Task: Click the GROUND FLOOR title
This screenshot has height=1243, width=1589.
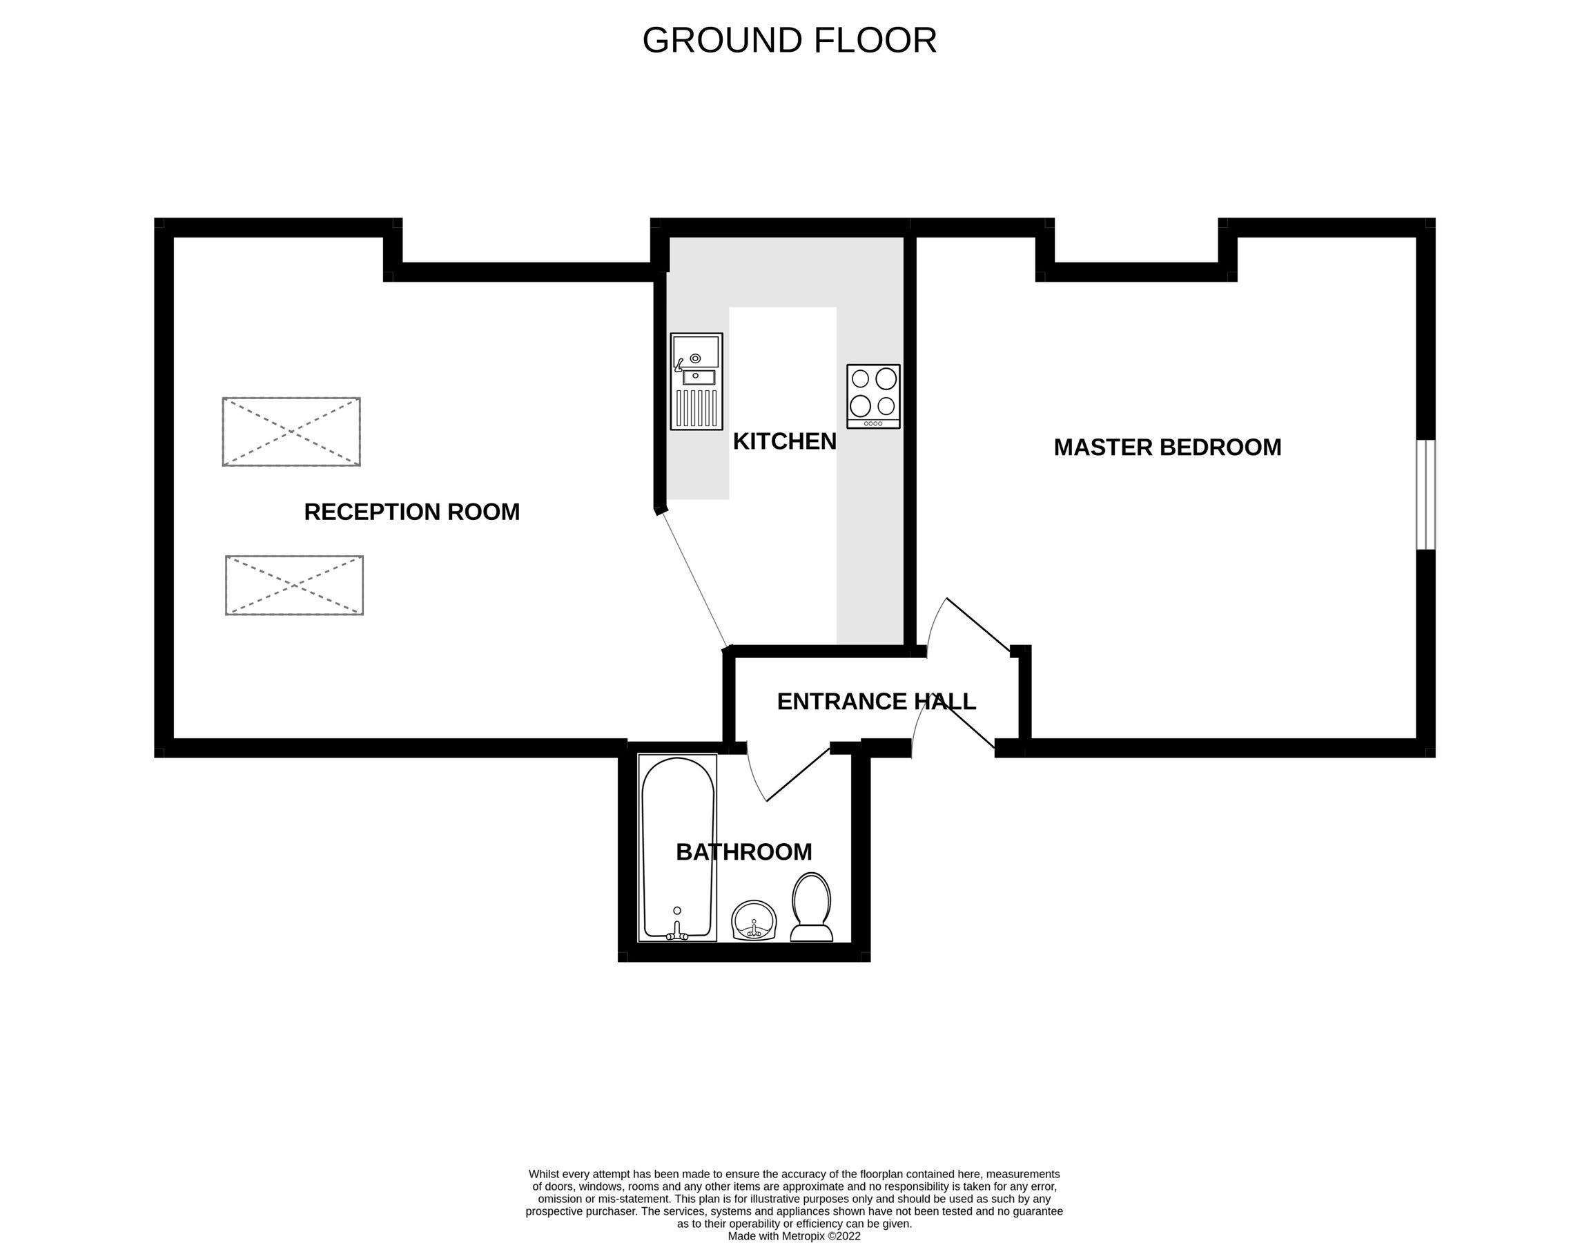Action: click(x=789, y=41)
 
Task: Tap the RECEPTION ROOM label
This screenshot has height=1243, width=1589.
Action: click(x=412, y=512)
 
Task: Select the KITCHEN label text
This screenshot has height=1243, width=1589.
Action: click(x=784, y=442)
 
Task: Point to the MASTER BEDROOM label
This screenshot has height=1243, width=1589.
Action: click(x=1167, y=447)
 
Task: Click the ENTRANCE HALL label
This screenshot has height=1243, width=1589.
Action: click(x=876, y=702)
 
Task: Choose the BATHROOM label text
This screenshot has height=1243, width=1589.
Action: click(x=743, y=852)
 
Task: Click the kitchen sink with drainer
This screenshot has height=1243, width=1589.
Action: click(x=696, y=381)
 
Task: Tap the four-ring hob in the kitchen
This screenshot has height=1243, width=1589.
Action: click(x=873, y=396)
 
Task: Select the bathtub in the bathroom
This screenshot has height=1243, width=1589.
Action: click(x=677, y=848)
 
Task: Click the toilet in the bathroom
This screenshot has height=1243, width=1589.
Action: click(x=811, y=907)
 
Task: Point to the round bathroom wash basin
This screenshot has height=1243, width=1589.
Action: click(x=754, y=921)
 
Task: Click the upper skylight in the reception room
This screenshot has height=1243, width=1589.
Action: click(x=291, y=432)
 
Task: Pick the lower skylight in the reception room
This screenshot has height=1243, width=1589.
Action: click(x=294, y=585)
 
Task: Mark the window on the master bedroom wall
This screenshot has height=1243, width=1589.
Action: click(x=1425, y=494)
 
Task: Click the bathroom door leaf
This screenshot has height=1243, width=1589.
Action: click(x=798, y=774)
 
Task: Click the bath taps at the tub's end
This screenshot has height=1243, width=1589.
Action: click(x=677, y=933)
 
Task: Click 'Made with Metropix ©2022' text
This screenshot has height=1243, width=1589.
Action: click(x=794, y=1235)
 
